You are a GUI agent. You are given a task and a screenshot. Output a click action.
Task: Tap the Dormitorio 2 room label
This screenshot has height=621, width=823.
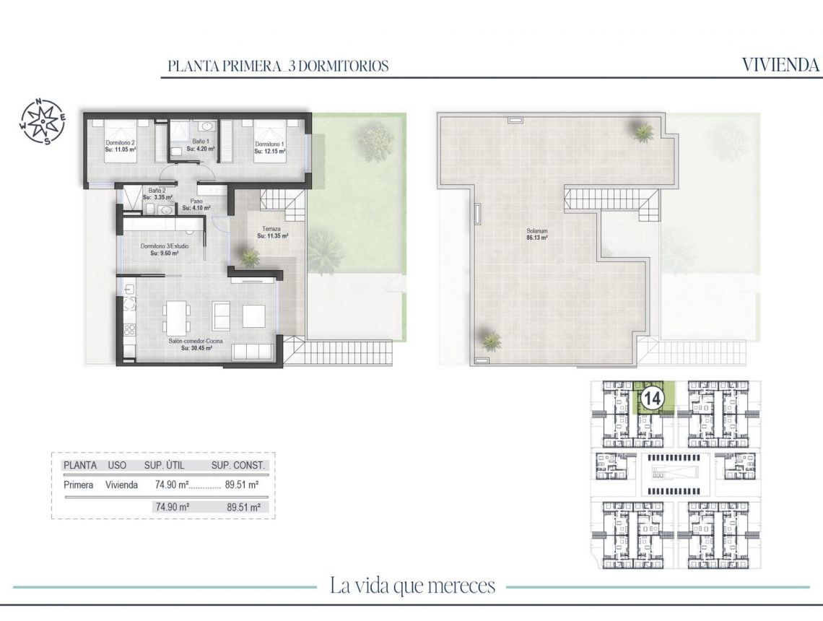coord(121,143)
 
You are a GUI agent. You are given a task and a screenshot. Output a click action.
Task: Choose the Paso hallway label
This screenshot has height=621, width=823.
coord(196,201)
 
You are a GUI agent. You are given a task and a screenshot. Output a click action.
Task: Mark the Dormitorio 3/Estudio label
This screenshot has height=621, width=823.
coord(165,246)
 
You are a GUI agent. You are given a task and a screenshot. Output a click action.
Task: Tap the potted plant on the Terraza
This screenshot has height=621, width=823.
coord(251,256)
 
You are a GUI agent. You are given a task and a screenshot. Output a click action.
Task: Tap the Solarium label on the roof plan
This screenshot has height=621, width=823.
coord(536,230)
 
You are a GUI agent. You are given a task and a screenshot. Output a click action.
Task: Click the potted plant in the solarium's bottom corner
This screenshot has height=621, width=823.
coord(491,339)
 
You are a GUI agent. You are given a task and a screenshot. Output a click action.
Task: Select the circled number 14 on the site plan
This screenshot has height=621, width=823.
coord(653,399)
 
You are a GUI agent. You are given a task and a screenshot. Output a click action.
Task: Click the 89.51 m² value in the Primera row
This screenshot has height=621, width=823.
coord(243,485)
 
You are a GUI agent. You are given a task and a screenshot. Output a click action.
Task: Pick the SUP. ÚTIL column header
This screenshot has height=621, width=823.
coord(165,466)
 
